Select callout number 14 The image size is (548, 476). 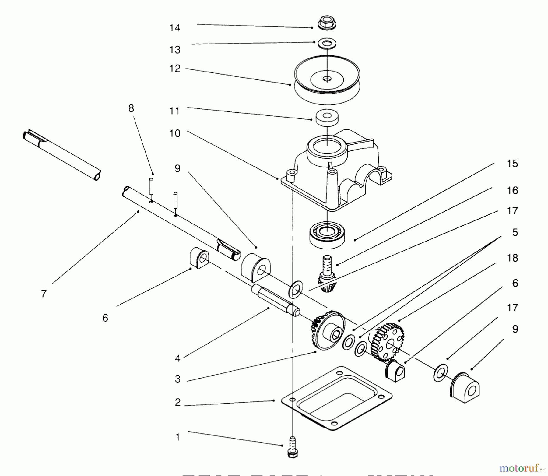click(x=175, y=28)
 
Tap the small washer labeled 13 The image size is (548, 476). click(x=327, y=43)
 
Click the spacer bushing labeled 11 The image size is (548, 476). click(x=327, y=117)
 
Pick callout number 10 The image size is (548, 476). click(x=175, y=133)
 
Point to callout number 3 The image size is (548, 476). click(x=177, y=379)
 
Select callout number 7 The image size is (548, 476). click(x=44, y=294)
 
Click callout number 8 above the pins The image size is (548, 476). click(x=131, y=108)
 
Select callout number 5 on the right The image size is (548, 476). click(x=515, y=233)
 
